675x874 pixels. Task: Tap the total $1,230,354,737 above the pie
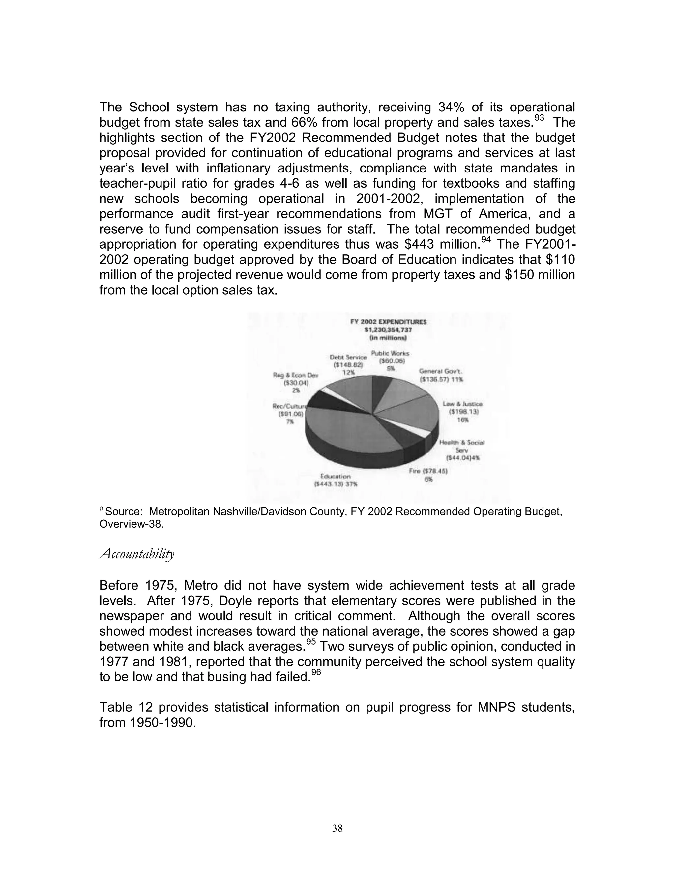(x=388, y=330)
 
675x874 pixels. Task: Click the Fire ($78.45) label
(x=428, y=471)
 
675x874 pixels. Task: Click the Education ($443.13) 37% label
(x=336, y=480)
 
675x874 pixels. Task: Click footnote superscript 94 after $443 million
(x=485, y=240)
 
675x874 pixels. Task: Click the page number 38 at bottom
(x=337, y=828)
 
